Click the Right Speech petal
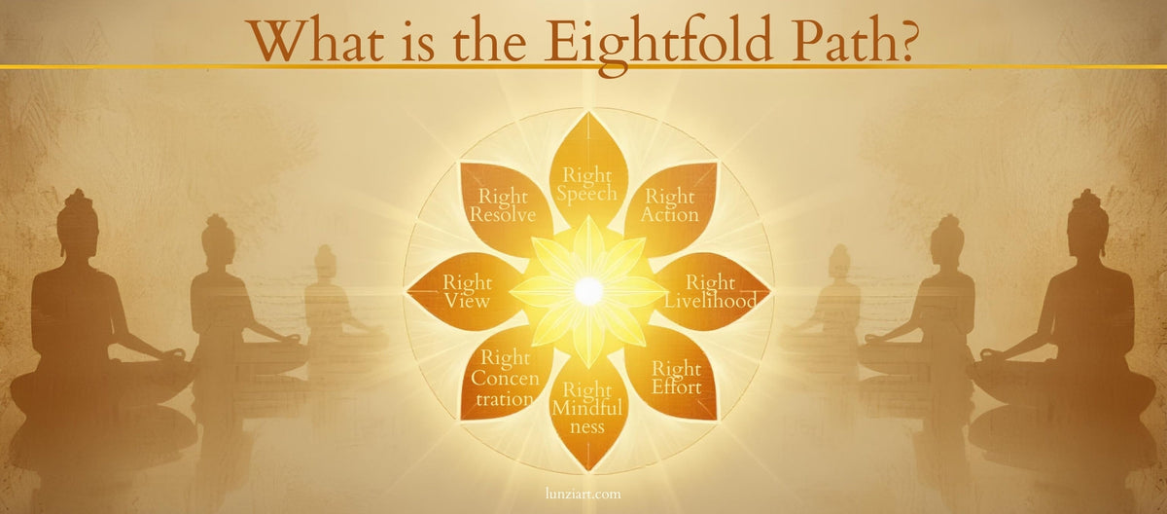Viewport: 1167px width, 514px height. [587, 181]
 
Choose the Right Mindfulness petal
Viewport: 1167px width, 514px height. [587, 407]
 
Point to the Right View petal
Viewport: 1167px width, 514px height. [466, 291]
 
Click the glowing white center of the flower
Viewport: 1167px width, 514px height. [587, 290]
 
